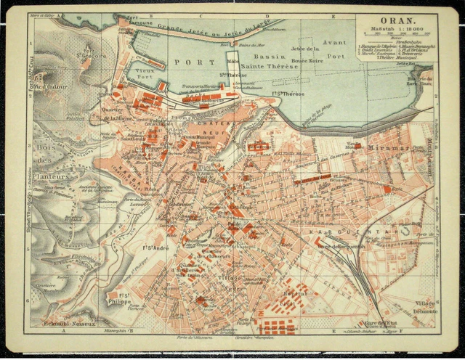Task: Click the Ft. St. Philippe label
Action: pos(123,298)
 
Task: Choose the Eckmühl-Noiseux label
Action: pos(70,323)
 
